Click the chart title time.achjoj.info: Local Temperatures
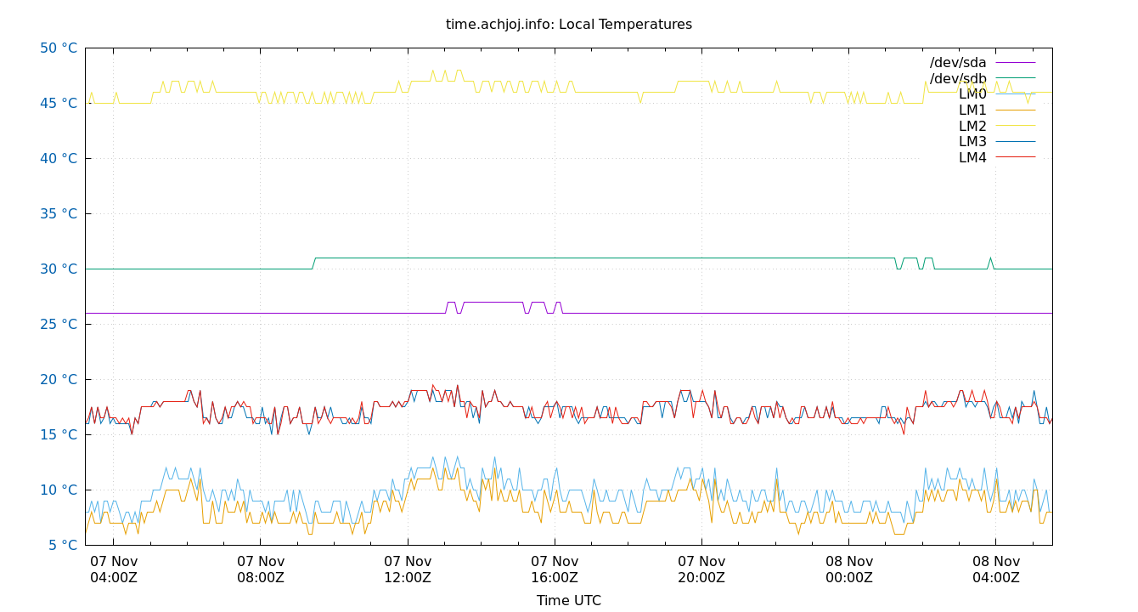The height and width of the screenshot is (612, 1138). (x=568, y=25)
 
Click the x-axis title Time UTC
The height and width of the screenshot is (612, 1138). (x=568, y=600)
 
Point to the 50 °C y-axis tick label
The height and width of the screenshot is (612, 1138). (x=59, y=48)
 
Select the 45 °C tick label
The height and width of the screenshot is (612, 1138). (x=59, y=104)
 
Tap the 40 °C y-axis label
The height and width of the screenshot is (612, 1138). (x=59, y=159)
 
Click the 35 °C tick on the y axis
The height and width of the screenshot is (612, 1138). (x=59, y=214)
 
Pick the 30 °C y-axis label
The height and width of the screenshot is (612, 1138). (x=59, y=269)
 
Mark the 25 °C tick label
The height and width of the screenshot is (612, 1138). (x=59, y=325)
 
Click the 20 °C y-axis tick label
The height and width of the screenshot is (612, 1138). (x=59, y=380)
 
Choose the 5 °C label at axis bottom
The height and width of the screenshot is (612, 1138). (x=62, y=546)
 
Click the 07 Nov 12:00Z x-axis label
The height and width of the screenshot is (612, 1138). (x=408, y=569)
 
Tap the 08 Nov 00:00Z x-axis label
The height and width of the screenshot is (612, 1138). (x=849, y=569)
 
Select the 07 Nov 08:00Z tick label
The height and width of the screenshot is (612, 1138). (x=261, y=569)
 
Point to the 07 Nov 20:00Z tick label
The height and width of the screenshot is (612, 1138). (x=701, y=569)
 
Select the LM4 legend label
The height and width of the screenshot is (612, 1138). (x=972, y=158)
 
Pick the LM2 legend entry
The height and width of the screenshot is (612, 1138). (x=972, y=126)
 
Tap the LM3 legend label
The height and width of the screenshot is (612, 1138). (x=972, y=142)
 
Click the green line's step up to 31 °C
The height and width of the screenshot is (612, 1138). (x=313, y=263)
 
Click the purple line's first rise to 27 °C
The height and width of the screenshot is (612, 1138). (x=447, y=308)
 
